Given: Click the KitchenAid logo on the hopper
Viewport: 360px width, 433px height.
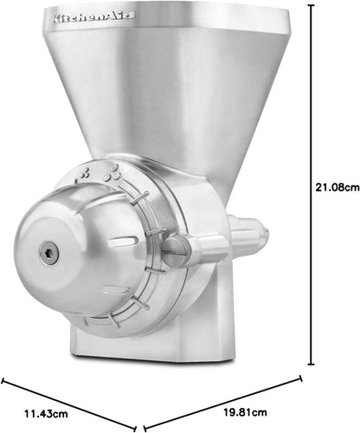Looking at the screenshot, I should click(x=89, y=16).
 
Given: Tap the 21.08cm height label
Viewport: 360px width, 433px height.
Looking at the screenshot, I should click(x=337, y=184).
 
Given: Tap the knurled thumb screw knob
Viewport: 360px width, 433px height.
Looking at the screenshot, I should click(x=175, y=250).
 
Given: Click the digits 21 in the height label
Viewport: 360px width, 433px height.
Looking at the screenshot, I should click(x=323, y=184).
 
